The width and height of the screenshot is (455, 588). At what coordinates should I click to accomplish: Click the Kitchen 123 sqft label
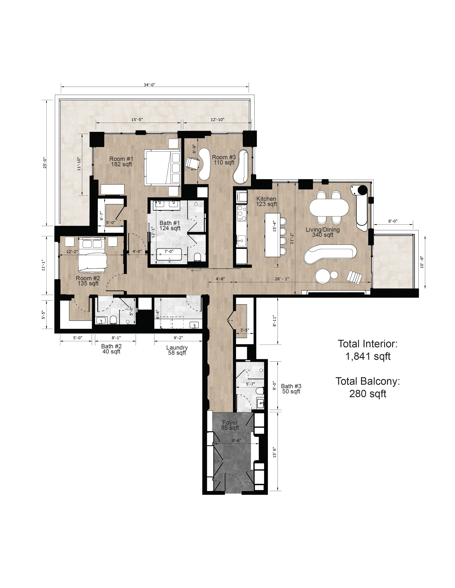pyautogui.click(x=266, y=201)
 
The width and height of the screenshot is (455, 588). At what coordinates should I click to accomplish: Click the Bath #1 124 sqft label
pyautogui.click(x=170, y=226)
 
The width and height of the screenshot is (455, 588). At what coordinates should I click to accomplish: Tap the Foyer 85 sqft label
pyautogui.click(x=230, y=425)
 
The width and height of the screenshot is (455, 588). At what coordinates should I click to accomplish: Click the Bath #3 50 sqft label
pyautogui.click(x=291, y=389)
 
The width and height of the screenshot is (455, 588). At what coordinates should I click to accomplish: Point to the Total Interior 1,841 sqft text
pyautogui.click(x=368, y=350)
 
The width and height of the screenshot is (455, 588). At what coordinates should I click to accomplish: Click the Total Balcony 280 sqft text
pyautogui.click(x=368, y=387)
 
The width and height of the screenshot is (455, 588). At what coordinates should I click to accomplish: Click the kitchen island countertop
pyautogui.click(x=272, y=235)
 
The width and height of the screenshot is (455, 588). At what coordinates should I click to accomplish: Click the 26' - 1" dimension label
pyautogui.click(x=282, y=279)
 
